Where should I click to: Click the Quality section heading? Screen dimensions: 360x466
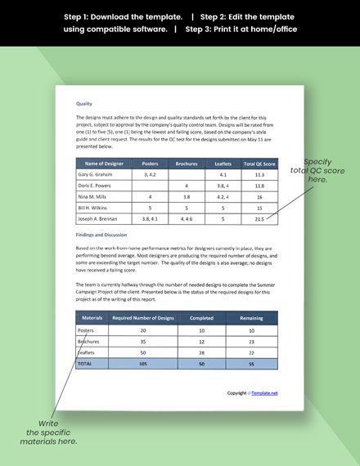(83, 105)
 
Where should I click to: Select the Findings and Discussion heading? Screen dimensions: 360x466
(104, 235)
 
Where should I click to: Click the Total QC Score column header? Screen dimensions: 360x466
(259, 164)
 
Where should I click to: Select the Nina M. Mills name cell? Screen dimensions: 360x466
(95, 197)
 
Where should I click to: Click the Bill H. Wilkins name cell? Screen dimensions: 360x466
(96, 208)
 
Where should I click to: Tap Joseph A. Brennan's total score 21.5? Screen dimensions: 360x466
(259, 219)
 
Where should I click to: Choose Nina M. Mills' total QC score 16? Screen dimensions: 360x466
(259, 197)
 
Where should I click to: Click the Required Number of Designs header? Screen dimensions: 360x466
(143, 317)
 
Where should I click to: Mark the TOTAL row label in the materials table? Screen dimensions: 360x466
(86, 363)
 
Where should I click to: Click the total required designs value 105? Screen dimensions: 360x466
(143, 363)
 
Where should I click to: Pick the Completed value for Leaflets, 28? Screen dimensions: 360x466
(201, 352)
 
